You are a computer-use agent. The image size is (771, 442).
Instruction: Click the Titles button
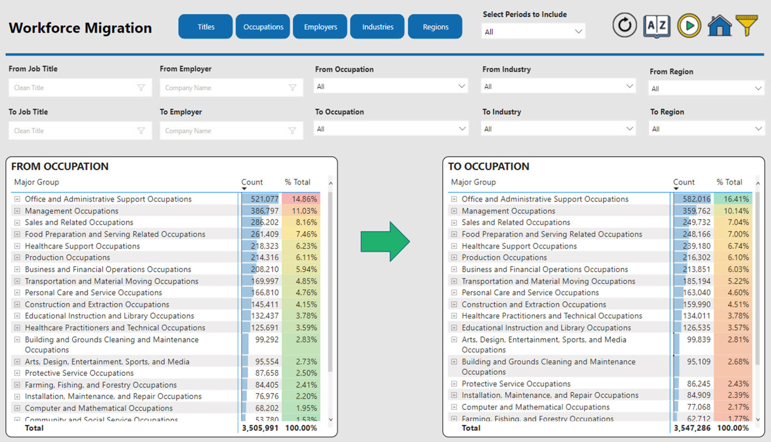[206, 27]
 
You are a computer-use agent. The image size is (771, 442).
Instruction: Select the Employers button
[320, 27]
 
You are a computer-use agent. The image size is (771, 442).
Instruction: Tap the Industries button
[377, 27]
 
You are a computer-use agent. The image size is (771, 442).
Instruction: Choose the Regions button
[435, 27]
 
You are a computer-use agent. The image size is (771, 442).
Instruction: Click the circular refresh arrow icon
[625, 26]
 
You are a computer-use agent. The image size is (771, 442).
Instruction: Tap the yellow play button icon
[689, 26]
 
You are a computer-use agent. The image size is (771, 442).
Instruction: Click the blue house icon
[719, 26]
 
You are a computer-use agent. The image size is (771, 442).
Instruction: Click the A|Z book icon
[657, 26]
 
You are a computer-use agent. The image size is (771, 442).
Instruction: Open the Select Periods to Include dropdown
[533, 32]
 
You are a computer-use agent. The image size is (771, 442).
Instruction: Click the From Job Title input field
[75, 88]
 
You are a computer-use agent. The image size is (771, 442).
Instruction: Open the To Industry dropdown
[558, 129]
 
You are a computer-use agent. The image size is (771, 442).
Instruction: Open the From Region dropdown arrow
[758, 89]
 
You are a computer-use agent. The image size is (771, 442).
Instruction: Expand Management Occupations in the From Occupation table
[17, 211]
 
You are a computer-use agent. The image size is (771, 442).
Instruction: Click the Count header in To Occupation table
[684, 182]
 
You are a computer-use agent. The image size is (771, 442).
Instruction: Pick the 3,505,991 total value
[260, 428]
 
